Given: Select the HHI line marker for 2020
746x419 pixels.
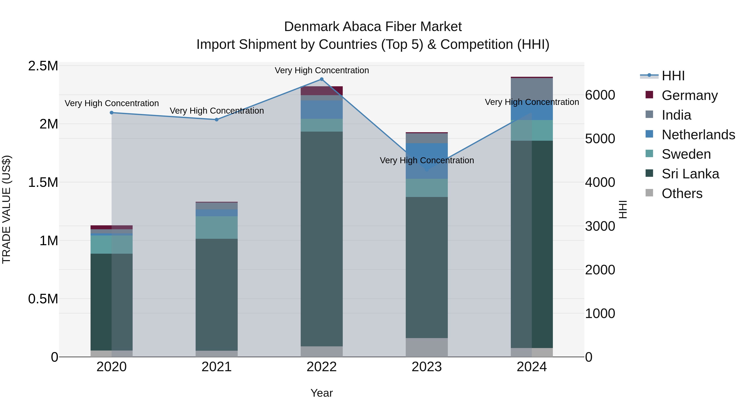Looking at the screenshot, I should click(x=111, y=113).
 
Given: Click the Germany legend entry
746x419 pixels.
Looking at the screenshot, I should click(x=689, y=95).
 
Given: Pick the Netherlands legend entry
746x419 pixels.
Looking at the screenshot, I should click(x=698, y=135).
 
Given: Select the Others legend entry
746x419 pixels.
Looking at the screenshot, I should click(x=682, y=193).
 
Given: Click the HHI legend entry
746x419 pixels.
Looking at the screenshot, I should click(x=673, y=76).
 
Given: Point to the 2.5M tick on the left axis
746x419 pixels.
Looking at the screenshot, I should click(x=43, y=66).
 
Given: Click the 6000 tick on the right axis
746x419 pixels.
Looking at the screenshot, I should click(x=600, y=95).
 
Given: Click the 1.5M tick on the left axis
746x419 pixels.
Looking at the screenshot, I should click(x=43, y=183).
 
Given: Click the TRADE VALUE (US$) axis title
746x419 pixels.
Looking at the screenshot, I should click(x=6, y=209).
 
